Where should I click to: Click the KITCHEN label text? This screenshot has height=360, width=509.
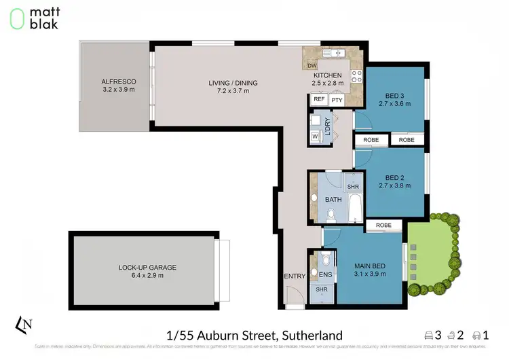(327, 75)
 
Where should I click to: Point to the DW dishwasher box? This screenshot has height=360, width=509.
(312, 65)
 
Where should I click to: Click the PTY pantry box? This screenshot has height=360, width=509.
(337, 100)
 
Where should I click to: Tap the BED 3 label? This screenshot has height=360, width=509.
(394, 96)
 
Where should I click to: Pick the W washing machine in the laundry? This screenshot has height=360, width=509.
(315, 136)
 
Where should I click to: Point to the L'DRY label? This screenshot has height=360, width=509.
(328, 128)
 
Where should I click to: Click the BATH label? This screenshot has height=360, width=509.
(333, 200)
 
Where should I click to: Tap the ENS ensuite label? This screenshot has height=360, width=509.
(315, 274)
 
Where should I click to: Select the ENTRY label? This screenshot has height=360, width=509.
(295, 276)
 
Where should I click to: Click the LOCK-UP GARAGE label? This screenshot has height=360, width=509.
(141, 267)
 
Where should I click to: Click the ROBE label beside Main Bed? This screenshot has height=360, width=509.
(384, 225)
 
